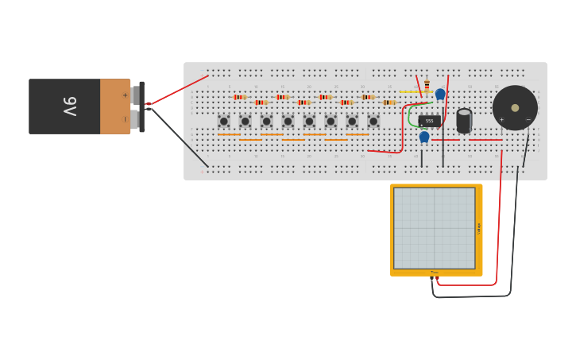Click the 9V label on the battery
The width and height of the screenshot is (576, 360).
(69, 106)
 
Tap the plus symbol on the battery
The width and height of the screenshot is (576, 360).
(125, 95)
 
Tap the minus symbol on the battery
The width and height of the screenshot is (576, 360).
(125, 119)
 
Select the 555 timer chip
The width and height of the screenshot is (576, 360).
(429, 121)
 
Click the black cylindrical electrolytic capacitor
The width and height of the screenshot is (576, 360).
(464, 121)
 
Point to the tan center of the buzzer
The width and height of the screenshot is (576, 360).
(515, 107)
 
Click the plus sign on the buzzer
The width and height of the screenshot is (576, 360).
(501, 120)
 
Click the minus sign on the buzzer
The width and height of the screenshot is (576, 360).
(528, 120)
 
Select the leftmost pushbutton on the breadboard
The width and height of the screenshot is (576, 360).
(224, 121)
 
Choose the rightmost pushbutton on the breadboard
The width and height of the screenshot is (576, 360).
(373, 121)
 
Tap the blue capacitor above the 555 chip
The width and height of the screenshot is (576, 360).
(440, 94)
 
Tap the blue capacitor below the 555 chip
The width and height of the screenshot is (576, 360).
(424, 137)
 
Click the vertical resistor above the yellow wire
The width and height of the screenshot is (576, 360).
(427, 84)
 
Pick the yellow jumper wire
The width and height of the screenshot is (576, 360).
(413, 92)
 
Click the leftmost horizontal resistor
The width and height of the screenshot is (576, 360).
(239, 97)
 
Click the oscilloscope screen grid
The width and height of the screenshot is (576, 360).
(435, 228)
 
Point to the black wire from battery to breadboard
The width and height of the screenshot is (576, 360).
(179, 137)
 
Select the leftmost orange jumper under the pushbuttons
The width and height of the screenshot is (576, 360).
(229, 134)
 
